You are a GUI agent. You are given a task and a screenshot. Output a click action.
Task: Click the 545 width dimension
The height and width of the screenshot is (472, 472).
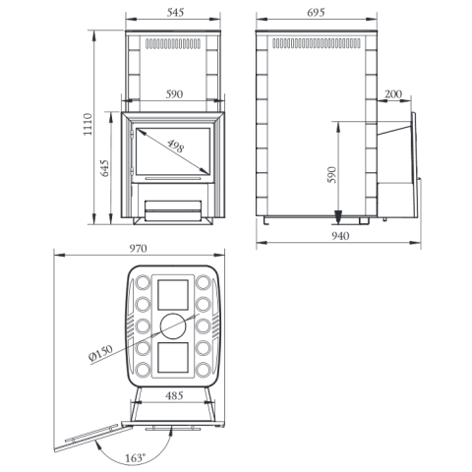click(175, 13)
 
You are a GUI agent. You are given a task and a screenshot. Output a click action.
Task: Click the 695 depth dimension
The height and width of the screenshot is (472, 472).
click(316, 13)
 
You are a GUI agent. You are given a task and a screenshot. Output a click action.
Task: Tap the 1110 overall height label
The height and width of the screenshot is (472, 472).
click(88, 124)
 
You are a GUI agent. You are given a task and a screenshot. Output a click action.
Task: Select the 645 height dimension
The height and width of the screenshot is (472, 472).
click(104, 168)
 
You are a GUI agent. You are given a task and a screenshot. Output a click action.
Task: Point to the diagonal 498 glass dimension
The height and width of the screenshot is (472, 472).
click(175, 147)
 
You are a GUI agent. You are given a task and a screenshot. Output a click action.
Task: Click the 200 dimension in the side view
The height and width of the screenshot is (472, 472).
click(392, 94)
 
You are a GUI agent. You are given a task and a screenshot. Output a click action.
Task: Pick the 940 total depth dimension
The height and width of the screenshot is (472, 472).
click(340, 236)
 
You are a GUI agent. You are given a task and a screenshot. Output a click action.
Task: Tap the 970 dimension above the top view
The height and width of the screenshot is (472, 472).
click(138, 249)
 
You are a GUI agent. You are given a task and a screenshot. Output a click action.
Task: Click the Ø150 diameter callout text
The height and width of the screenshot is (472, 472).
click(100, 354)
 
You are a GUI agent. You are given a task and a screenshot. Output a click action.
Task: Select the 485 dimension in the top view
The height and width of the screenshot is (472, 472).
click(174, 395)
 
